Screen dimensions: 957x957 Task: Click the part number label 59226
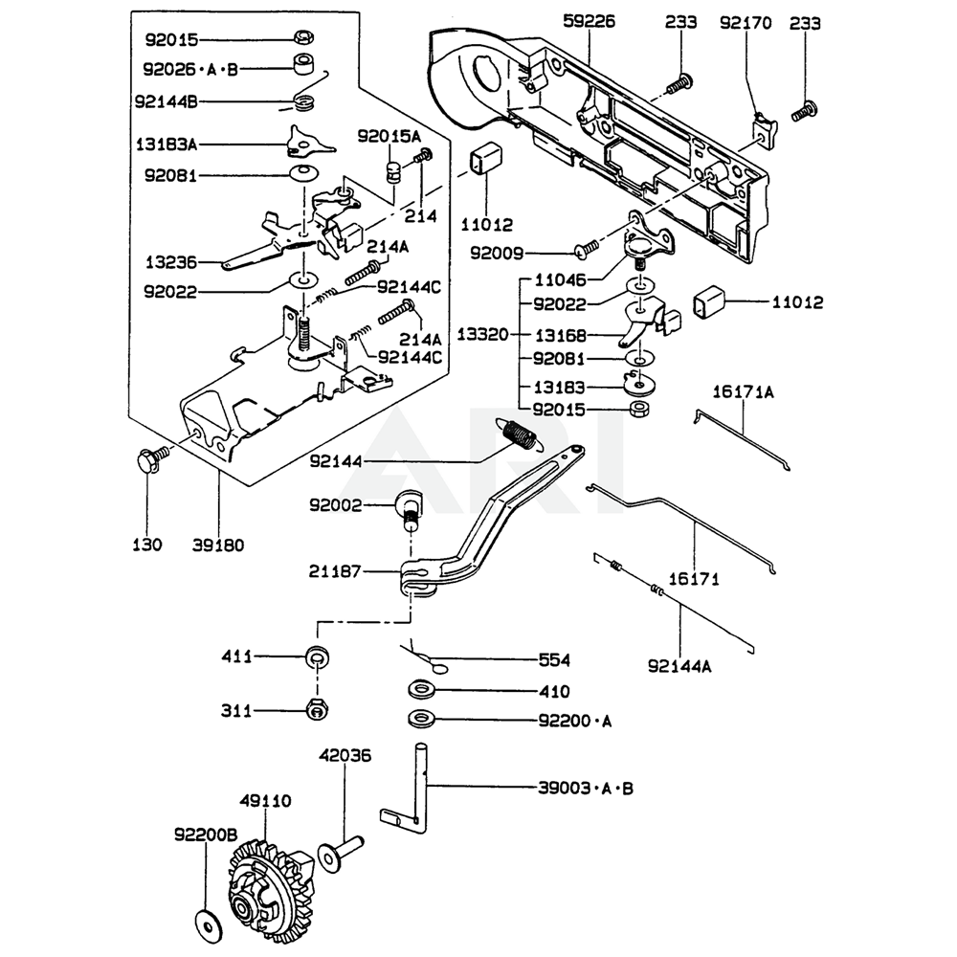tap(590, 19)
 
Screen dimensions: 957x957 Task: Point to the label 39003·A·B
tap(586, 789)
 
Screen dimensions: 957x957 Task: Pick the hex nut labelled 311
tap(314, 710)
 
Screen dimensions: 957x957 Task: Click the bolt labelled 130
tap(147, 461)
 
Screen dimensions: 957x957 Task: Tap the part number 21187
tap(335, 571)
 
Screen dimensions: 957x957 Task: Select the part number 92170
tap(745, 19)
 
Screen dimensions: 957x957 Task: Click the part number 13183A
tap(166, 145)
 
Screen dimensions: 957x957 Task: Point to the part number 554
tap(554, 660)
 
